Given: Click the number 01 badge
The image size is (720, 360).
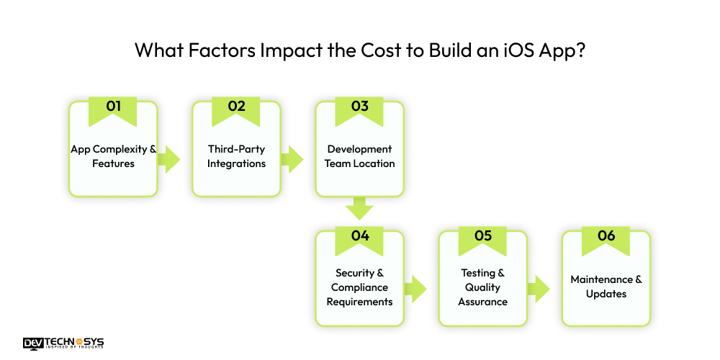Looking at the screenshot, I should click(113, 107).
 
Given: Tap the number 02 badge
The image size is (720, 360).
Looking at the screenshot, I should click(236, 107).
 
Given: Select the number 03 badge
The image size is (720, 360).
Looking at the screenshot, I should click(359, 107).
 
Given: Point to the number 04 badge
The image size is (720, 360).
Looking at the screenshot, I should click(359, 235).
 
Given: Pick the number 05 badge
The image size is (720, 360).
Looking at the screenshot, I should click(483, 235).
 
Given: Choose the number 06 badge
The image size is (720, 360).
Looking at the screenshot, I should click(606, 235).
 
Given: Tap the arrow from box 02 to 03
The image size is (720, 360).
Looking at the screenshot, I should click(292, 159).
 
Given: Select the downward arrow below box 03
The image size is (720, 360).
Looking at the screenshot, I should click(359, 209).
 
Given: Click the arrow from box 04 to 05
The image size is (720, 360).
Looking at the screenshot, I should click(415, 289).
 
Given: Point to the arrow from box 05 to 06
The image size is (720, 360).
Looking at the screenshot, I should click(539, 289).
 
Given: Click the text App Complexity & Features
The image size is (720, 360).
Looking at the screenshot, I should click(113, 156).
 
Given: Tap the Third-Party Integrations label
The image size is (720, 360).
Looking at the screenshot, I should click(236, 156).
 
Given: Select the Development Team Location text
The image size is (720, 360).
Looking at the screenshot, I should click(359, 156).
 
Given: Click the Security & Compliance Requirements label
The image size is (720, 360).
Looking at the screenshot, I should click(359, 287).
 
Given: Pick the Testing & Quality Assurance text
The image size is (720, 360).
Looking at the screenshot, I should click(483, 287).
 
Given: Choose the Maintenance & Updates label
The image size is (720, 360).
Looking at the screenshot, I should click(606, 287).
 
